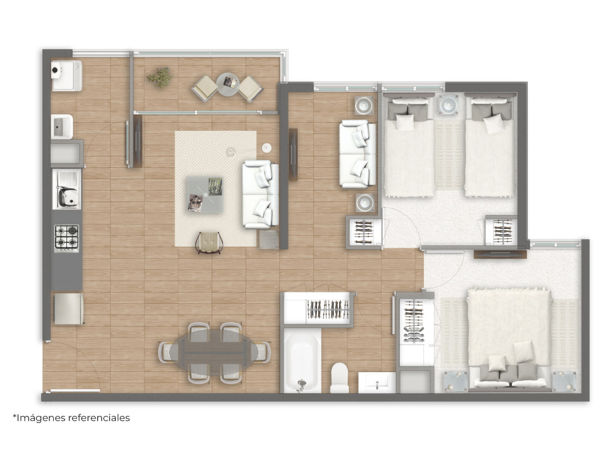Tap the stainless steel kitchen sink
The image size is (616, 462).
pos(67,189)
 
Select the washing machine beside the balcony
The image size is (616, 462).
pos(67,76)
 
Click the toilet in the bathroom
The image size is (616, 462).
pos(340,377)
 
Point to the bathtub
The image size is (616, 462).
pos(302,361)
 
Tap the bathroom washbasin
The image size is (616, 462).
pos(377,382)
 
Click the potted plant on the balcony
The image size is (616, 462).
pos(160,77)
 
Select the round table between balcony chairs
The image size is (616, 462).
pos(227,84)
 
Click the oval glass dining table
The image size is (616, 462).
pos(213,352)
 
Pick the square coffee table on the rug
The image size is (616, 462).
pos(205,195)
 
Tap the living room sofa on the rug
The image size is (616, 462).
pos(260,195)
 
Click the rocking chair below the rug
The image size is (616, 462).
pos(209,243)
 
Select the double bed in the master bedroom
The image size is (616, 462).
pos(509,339)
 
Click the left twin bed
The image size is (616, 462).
pos(409,145)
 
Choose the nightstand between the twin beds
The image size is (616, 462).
pos(449,105)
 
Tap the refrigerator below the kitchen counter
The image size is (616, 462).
pos(68,309)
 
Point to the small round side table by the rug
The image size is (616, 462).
pos(266,148)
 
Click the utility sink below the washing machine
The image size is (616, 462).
pos(62,126)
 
